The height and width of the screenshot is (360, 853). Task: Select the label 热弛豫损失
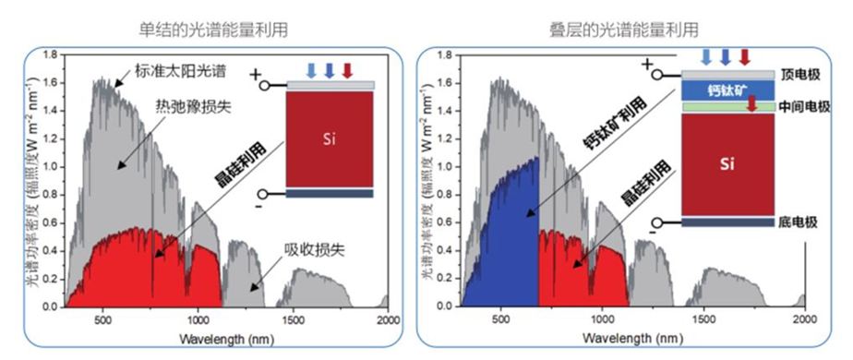click(193, 108)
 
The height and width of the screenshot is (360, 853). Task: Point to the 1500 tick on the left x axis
click(293, 320)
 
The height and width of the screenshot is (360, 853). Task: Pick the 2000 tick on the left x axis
click(388, 320)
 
